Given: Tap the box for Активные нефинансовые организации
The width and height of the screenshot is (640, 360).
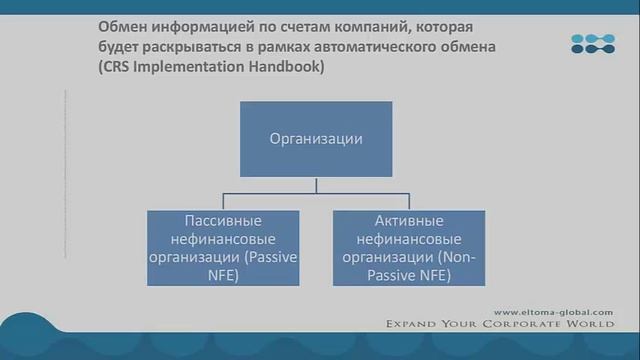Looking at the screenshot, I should pyautogui.click(x=410, y=248).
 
